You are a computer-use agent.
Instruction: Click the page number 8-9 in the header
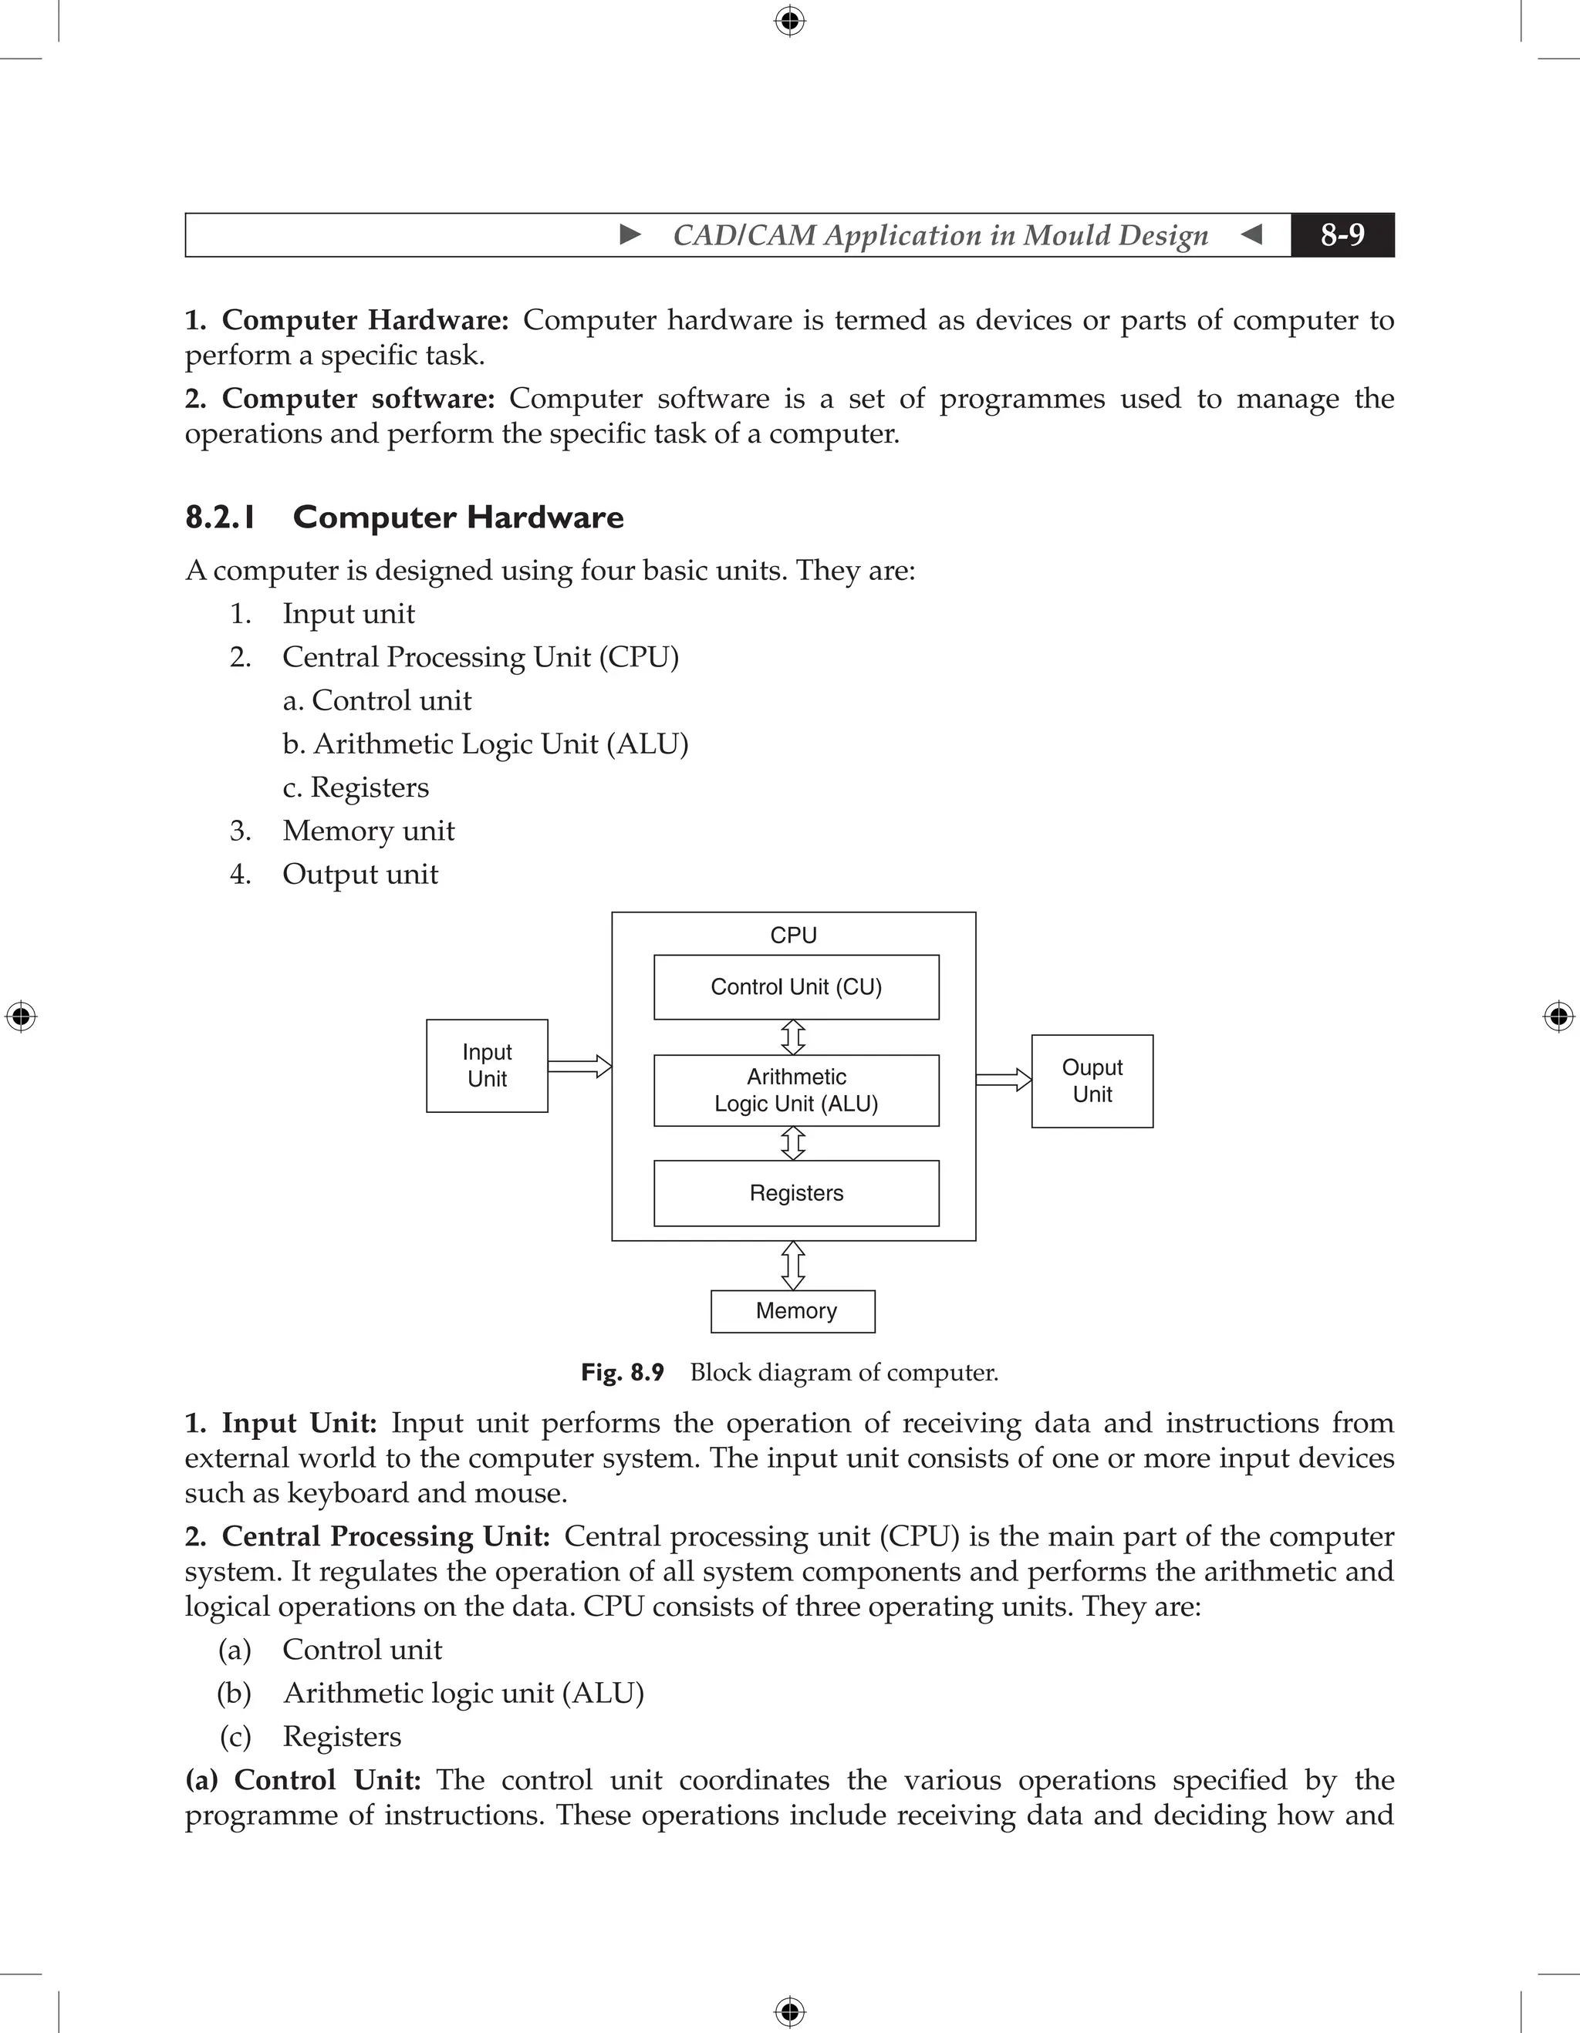tap(1342, 234)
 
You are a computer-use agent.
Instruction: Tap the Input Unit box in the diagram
tap(487, 1066)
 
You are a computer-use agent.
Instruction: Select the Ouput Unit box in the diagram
tap(1092, 1081)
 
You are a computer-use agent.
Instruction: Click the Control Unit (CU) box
tap(796, 986)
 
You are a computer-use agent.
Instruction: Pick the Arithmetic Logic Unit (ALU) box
tap(796, 1090)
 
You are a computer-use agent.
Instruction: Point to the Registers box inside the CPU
tap(796, 1193)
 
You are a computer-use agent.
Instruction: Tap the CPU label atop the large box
tap(793, 936)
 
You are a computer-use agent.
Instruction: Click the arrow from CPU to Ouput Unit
tap(1004, 1080)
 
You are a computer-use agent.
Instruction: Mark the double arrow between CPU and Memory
tap(793, 1265)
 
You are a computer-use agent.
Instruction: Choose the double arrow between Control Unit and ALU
tap(793, 1037)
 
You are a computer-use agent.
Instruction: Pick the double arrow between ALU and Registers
tap(793, 1143)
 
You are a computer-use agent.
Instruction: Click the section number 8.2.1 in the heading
tap(221, 518)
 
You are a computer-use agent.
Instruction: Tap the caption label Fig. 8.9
tap(622, 1372)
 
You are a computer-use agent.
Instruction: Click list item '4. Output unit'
tap(360, 874)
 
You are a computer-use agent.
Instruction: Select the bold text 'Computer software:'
tap(357, 399)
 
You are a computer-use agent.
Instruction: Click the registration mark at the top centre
tap(789, 21)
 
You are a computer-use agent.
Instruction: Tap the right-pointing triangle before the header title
tap(630, 234)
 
